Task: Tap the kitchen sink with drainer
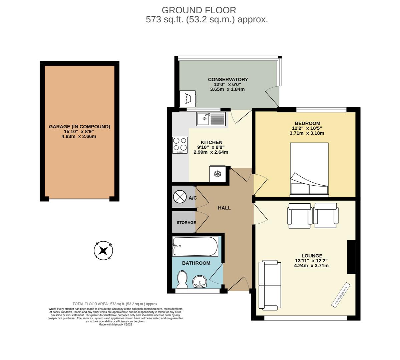click(211, 119)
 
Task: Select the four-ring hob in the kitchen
click(180, 145)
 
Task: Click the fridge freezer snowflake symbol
click(218, 174)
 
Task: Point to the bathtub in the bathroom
click(195, 246)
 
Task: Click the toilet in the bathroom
click(182, 279)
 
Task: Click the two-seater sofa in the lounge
click(270, 285)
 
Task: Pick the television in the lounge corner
click(341, 294)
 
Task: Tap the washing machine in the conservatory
click(188, 98)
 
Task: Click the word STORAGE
click(186, 223)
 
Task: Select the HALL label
click(224, 208)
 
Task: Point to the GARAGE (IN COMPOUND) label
click(79, 127)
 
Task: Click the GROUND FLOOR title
click(199, 10)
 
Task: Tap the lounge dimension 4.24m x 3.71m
click(311, 266)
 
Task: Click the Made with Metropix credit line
click(115, 324)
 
